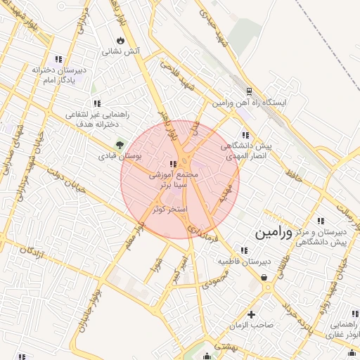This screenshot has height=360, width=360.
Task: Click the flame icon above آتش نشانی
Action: (121, 39)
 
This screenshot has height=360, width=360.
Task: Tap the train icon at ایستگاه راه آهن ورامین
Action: (249, 91)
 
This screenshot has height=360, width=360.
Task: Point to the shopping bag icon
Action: (264, 278)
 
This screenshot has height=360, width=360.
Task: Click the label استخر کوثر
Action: (168, 210)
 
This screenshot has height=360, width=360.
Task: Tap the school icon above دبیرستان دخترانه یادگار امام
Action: (58, 59)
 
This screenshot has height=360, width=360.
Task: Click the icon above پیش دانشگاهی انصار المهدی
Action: (245, 135)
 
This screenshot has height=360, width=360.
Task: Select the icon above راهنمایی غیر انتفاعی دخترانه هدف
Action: (96, 103)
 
